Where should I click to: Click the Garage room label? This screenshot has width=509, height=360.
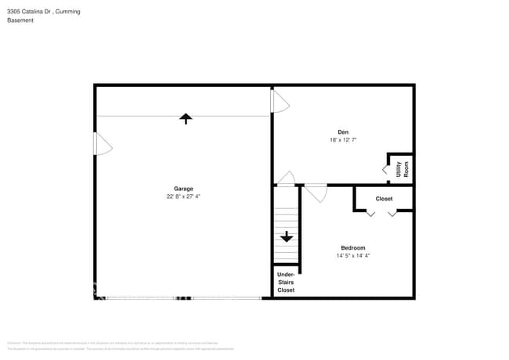(183, 189)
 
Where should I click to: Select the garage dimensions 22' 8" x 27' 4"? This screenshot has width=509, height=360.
(183, 197)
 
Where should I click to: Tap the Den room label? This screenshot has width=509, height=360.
(343, 131)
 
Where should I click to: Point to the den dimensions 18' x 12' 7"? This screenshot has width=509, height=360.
(343, 140)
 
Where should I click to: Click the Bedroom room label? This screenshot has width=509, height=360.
(352, 248)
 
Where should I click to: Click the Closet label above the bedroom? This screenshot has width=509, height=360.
(384, 199)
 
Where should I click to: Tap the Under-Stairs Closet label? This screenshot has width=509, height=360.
(286, 283)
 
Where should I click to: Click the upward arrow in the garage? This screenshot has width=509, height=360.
(186, 118)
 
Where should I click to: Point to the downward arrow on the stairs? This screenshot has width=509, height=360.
(287, 236)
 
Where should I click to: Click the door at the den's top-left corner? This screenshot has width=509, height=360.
(280, 101)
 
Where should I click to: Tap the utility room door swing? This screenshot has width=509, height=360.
(385, 169)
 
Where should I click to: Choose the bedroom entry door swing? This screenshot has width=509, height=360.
(316, 193)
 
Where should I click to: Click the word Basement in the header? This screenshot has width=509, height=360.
(20, 20)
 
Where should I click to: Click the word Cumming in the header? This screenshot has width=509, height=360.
(67, 12)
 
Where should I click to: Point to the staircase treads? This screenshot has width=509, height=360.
(287, 227)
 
